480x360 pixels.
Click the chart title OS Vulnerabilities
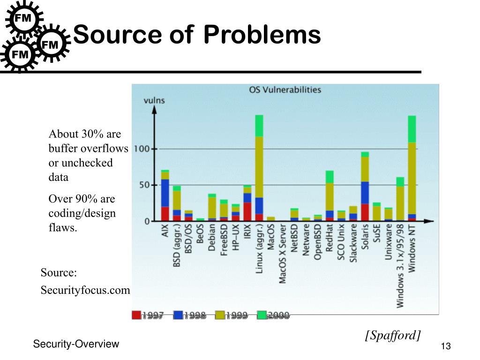click(x=285, y=90)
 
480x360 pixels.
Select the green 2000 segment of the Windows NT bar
click(x=412, y=129)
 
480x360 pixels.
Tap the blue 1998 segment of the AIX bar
click(x=165, y=193)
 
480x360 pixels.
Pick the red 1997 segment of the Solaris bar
click(x=365, y=212)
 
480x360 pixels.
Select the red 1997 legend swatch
click(x=137, y=315)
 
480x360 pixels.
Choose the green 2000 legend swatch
click(x=262, y=315)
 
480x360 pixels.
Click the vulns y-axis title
click(x=154, y=100)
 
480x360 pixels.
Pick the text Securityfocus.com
click(x=85, y=290)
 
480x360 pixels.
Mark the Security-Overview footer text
click(x=76, y=344)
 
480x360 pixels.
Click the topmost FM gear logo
click(x=23, y=18)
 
